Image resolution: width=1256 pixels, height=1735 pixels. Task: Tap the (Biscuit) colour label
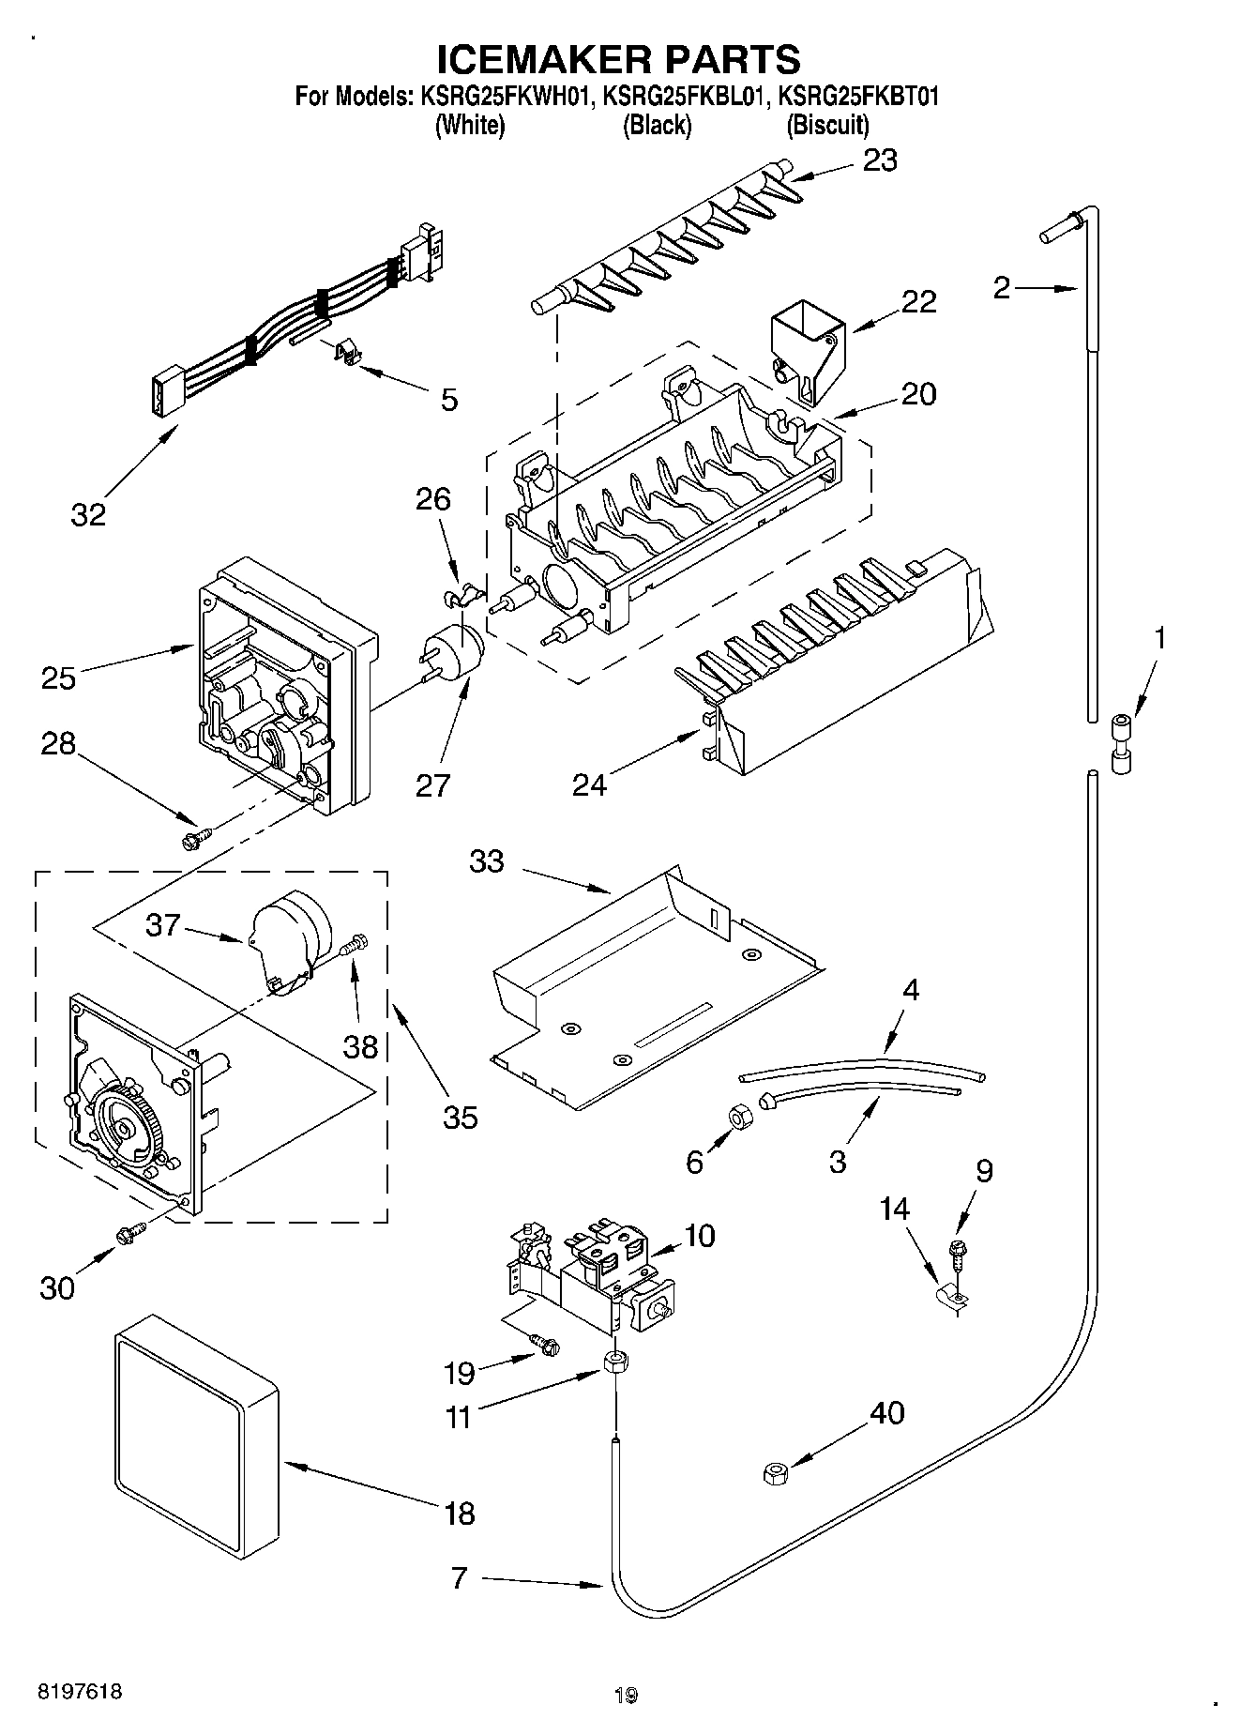[827, 125]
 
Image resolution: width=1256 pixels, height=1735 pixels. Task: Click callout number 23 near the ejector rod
[880, 160]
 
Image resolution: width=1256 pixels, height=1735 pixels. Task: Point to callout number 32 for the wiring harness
[88, 514]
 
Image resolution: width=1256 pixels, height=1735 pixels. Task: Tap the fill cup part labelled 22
[806, 349]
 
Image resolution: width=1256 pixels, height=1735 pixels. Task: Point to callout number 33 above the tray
[487, 860]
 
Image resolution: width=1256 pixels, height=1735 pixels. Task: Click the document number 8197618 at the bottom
[79, 1692]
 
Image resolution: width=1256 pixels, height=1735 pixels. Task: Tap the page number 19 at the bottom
[626, 1695]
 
